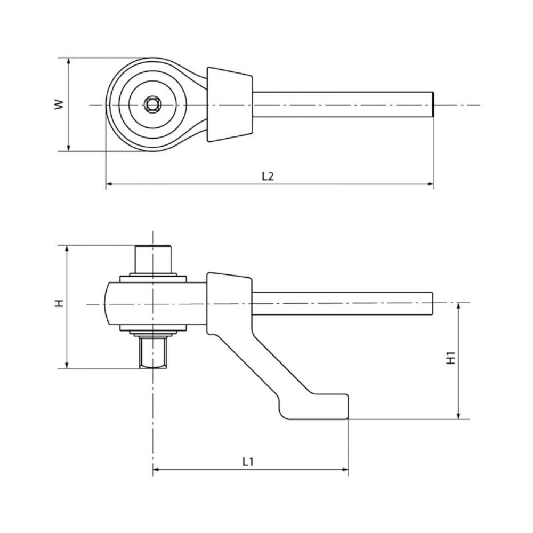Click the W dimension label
(x=59, y=104)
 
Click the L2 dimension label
(x=268, y=176)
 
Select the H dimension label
(x=60, y=303)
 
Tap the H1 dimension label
(x=451, y=358)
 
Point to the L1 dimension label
(x=248, y=462)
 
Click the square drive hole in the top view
(x=152, y=104)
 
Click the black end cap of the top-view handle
(x=433, y=104)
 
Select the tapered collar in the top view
(x=230, y=104)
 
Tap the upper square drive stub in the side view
(x=152, y=259)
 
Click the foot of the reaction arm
(x=313, y=407)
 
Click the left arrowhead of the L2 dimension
(x=109, y=184)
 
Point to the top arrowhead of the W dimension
(x=69, y=61)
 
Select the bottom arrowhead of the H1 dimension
(x=458, y=415)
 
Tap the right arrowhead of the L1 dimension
(x=345, y=470)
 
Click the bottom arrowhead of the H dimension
(x=68, y=365)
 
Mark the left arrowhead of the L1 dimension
(x=156, y=470)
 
